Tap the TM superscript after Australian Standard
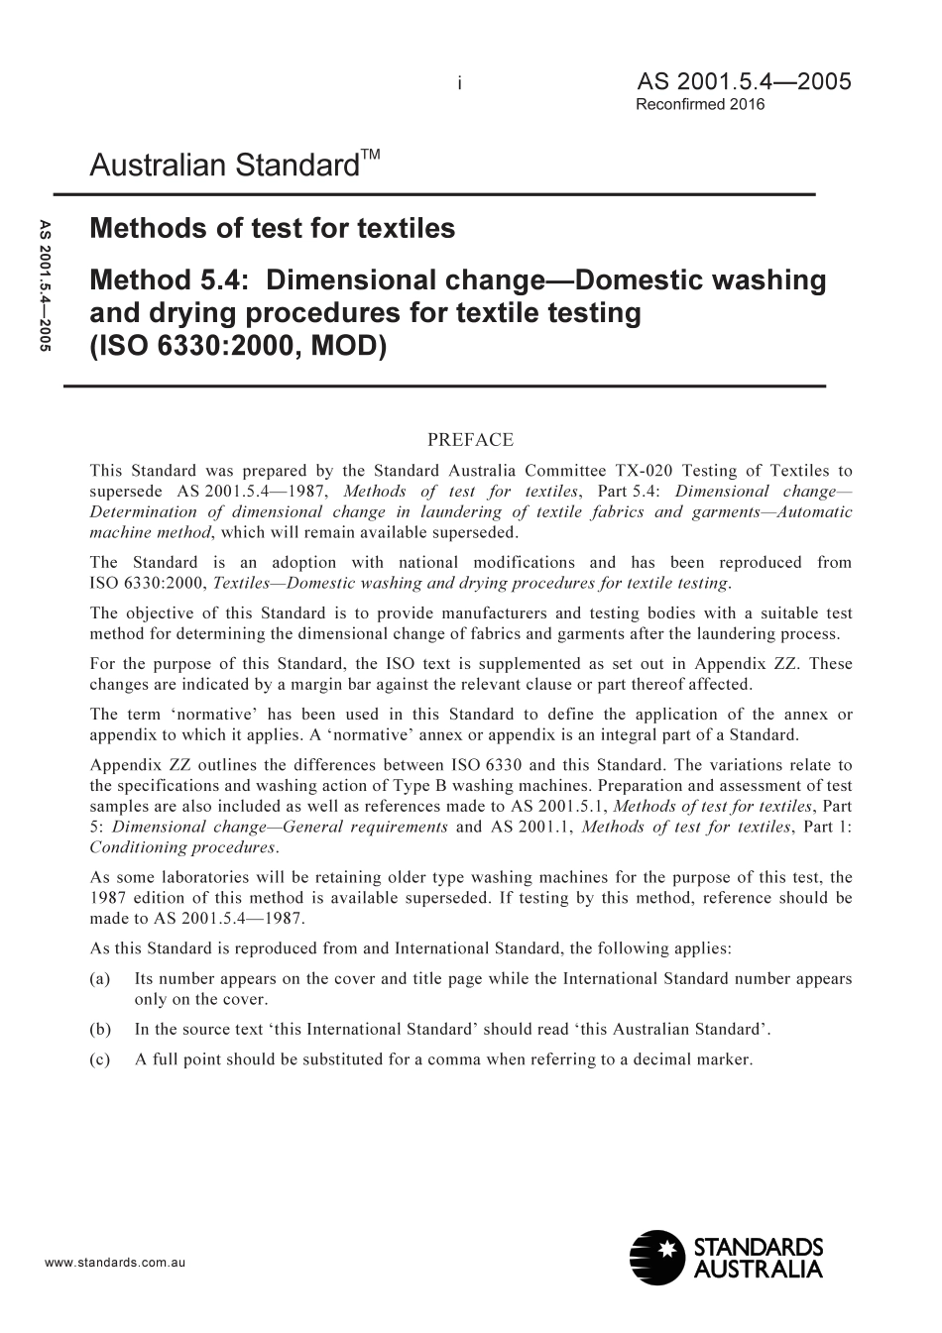(369, 156)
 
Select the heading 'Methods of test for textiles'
(272, 229)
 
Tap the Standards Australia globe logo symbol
(656, 1258)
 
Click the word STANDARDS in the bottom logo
(758, 1248)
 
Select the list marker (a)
(99, 979)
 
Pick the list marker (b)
(99, 1029)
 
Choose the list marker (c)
(99, 1059)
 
